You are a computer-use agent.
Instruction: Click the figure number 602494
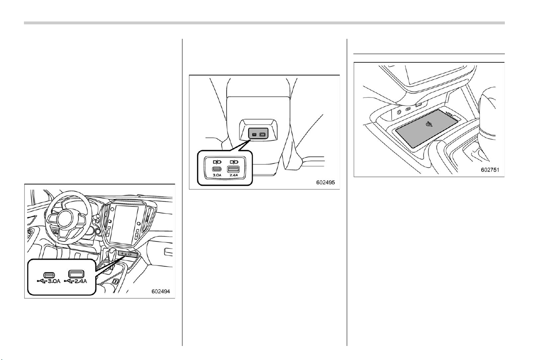161,291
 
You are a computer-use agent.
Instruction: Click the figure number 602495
325,182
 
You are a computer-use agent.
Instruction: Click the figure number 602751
490,170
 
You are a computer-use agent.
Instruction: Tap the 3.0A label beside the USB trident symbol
54,281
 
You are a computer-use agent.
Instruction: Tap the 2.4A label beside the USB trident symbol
80,281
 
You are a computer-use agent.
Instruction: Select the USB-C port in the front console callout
49,275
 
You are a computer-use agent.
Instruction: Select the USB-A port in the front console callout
76,274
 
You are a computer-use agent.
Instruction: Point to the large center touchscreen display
124,225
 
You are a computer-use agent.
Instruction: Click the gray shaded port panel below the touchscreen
128,254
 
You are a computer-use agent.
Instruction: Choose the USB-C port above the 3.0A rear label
217,169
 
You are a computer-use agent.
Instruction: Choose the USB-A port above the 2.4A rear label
234,169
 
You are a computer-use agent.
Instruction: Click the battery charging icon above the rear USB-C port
217,162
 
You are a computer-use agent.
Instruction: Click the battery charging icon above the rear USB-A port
234,162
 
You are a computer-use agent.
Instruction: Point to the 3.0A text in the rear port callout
217,175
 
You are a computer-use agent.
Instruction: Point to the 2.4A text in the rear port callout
234,175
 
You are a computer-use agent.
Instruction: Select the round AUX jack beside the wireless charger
399,112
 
